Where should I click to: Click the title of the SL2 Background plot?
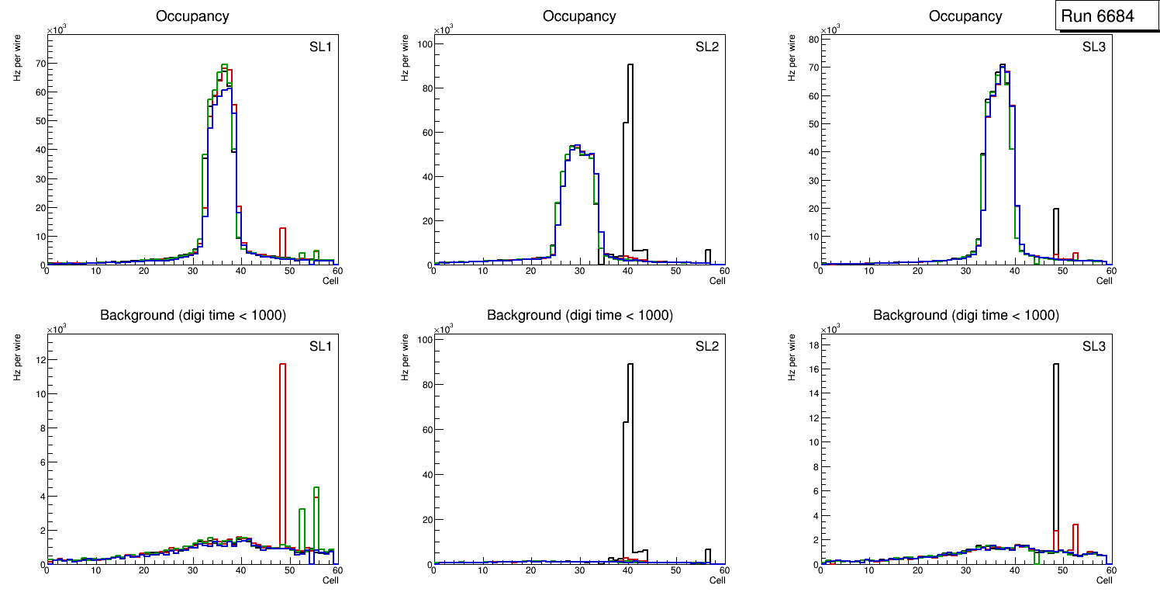[579, 315]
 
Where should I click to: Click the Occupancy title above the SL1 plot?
[192, 16]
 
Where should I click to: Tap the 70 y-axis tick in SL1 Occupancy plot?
[39, 64]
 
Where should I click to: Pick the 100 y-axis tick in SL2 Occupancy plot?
[423, 44]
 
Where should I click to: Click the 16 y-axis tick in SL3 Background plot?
[813, 373]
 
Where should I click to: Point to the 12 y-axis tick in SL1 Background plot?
[39, 360]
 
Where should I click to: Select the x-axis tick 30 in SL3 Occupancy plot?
[966, 270]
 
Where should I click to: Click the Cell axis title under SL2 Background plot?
[716, 580]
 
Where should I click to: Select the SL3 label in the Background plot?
[1094, 346]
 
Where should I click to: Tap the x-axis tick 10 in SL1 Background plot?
[96, 570]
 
